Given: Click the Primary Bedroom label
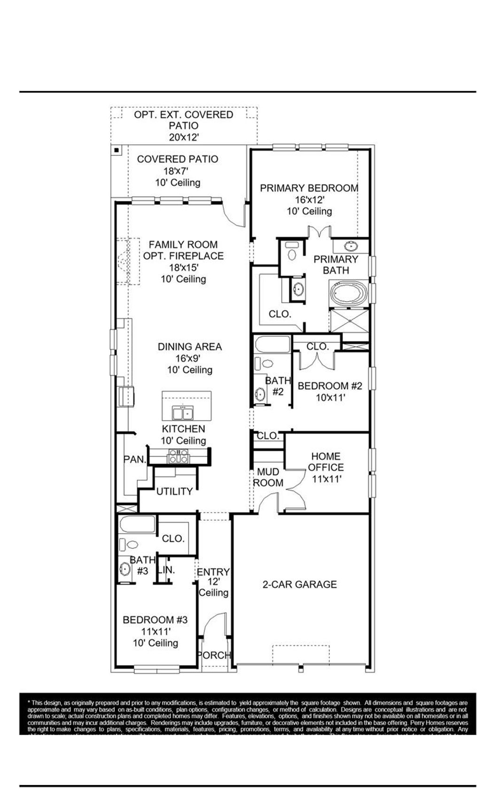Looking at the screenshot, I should click(309, 188).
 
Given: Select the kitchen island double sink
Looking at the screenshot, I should click(183, 413).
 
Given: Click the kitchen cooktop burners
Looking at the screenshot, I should click(179, 456).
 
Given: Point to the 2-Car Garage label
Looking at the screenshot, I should click(299, 584).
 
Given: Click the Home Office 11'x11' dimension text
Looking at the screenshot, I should click(326, 479).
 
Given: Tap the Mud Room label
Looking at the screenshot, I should click(268, 477).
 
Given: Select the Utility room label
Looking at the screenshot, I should click(174, 491).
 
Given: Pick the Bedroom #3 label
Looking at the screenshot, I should click(155, 620).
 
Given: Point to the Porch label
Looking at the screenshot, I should click(214, 655).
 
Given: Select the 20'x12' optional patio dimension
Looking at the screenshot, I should click(184, 138).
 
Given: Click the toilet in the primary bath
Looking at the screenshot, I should click(292, 252).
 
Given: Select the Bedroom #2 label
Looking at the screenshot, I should click(330, 386).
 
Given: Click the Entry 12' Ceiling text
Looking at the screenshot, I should click(213, 582).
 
